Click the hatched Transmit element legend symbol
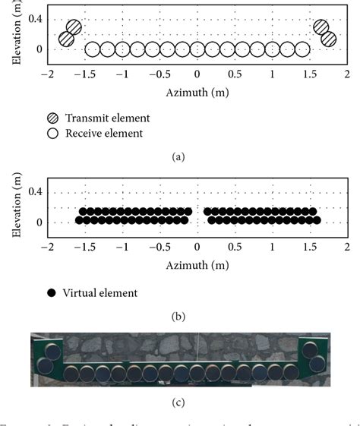point(52,118)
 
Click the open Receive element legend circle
point(52,134)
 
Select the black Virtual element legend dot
point(52,292)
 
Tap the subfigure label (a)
point(178,157)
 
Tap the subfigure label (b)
point(178,316)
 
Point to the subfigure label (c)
point(178,402)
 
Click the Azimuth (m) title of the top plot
point(197,92)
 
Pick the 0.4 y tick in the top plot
point(34,18)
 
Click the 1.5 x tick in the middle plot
point(309,248)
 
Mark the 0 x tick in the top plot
point(197,74)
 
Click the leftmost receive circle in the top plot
point(93,49)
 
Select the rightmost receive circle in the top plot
point(302,49)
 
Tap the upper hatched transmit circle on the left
point(74,27)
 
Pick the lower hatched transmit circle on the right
point(328,39)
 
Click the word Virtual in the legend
point(81,292)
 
